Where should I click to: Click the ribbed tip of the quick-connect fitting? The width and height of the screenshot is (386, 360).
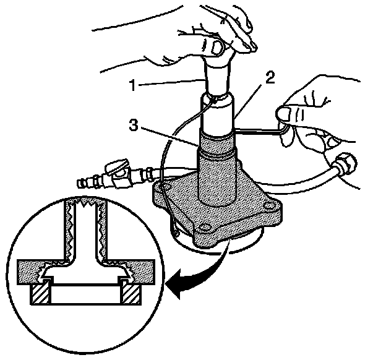pyautogui.click(x=83, y=183)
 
